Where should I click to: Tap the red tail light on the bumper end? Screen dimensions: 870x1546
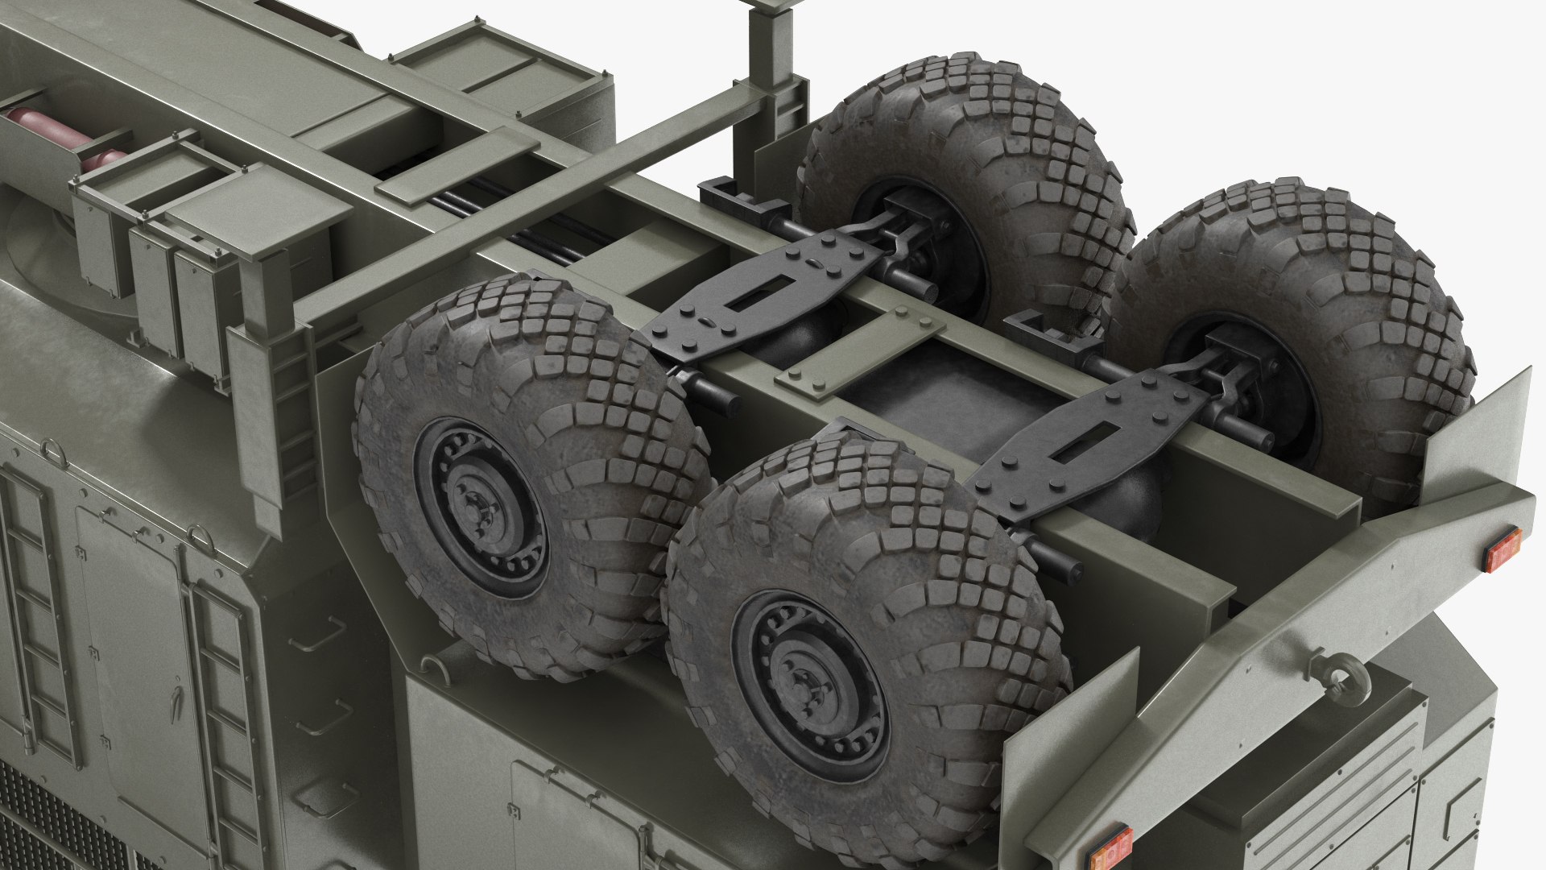click(1503, 549)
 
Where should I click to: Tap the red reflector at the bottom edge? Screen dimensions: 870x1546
click(1109, 846)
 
